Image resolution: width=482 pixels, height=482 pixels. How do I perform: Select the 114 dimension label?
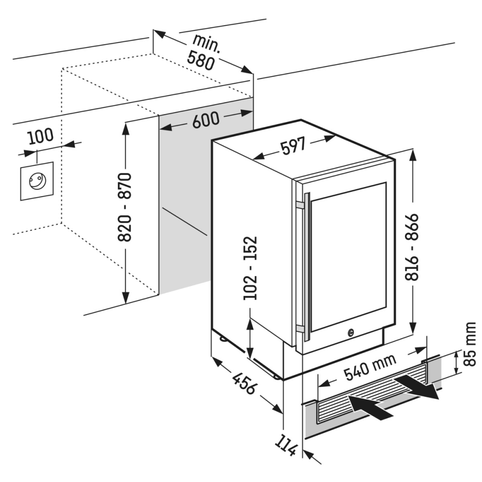[x=288, y=447]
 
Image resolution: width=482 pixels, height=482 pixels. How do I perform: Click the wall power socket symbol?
[x=36, y=181]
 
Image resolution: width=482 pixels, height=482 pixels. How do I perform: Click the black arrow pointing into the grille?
[x=369, y=405]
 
